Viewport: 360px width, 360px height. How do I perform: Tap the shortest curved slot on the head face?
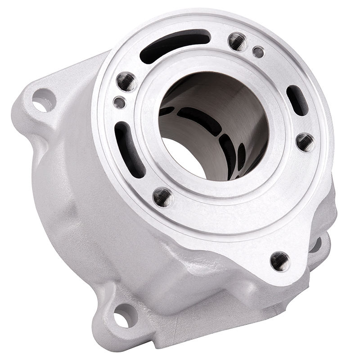[x=297, y=100]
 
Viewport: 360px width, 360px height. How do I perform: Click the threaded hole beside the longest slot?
[x=238, y=41]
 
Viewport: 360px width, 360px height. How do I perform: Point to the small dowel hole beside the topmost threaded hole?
[x=258, y=52]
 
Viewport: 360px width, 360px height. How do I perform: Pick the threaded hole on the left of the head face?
[x=126, y=81]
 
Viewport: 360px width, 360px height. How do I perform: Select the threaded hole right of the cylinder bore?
[x=306, y=142]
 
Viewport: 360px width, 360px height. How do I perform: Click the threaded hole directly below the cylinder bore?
[x=163, y=197]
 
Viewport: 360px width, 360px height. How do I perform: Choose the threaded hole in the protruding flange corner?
[x=280, y=261]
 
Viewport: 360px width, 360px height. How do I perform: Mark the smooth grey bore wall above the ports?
[x=211, y=92]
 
